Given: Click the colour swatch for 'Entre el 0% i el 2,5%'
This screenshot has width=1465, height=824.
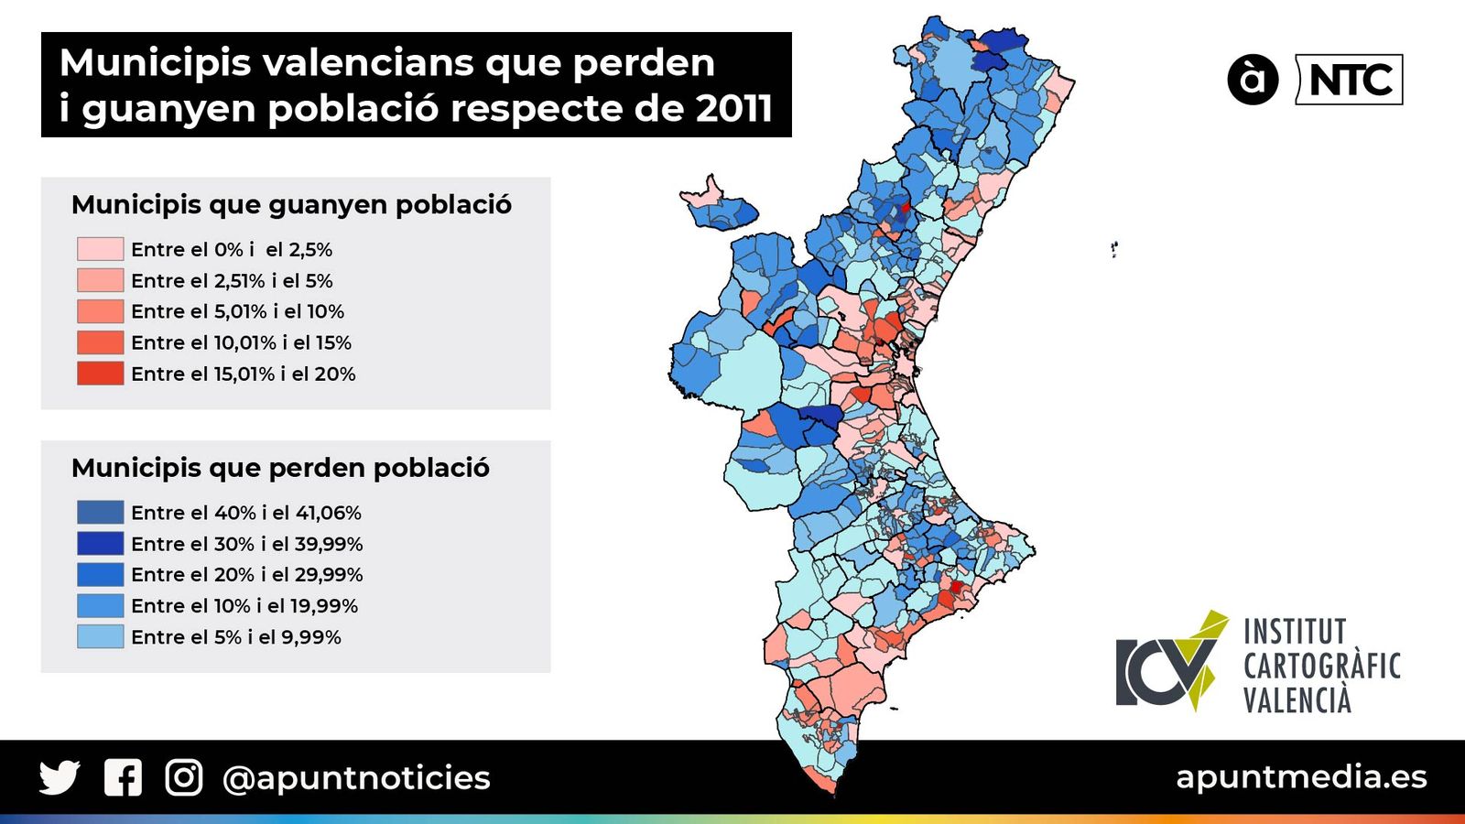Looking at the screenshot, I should coord(100,249).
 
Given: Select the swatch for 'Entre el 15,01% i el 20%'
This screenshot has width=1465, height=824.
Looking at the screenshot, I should coord(100,374).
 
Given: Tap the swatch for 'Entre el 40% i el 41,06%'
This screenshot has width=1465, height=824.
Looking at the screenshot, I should coord(100,513).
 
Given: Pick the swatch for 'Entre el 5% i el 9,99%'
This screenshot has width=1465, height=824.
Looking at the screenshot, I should coord(100,637).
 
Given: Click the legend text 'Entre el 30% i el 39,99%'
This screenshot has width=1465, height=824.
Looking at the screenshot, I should coord(246,544).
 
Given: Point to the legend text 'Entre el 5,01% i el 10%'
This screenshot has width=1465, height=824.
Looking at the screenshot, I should coord(237,311).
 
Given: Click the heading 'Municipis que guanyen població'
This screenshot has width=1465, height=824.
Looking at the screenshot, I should coord(291,204).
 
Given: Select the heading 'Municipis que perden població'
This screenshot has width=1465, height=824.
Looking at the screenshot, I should coord(280,468).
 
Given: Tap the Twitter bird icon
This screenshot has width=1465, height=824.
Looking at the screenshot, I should coord(60,778).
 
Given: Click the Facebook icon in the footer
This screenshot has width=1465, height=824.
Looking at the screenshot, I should coord(123,778).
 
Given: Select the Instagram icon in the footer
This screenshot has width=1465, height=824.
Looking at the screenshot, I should coord(183,778).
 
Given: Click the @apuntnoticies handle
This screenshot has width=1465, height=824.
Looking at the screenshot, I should coord(356,778).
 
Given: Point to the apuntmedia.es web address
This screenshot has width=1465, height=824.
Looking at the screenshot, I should coord(1301,777).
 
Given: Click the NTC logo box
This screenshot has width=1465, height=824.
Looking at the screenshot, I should coord(1350,81).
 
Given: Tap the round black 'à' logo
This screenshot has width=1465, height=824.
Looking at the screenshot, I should coord(1252,80).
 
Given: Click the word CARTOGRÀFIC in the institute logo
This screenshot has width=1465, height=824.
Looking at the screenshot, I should coord(1321,667).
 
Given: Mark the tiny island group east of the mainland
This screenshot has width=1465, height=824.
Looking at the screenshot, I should coord(1113,248).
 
